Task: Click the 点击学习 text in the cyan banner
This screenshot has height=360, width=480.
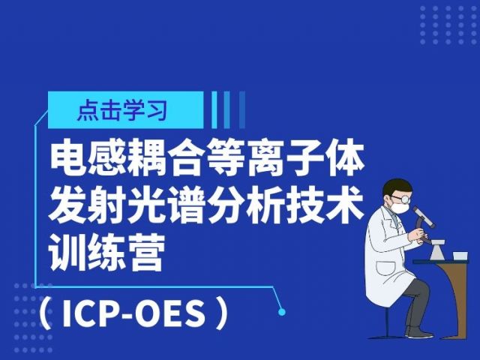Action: coord(122,110)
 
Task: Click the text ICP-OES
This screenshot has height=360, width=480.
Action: coord(133,313)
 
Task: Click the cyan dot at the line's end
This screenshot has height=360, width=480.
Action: coord(282,312)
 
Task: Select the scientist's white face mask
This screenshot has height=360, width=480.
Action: coord(400,207)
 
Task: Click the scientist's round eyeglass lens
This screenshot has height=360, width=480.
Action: coord(405,199)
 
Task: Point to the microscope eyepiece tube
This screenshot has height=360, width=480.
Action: coord(424,217)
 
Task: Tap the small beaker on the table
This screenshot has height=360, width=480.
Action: coord(460,256)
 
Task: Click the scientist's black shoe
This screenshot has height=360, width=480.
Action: coord(418,331)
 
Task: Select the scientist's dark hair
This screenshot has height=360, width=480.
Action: coord(397,187)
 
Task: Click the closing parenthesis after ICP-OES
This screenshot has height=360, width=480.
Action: coord(222,313)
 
